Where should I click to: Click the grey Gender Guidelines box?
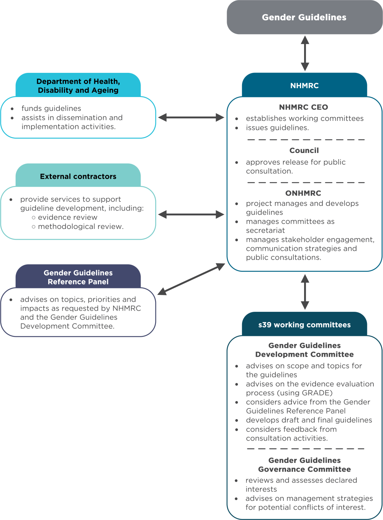pyautogui.click(x=304, y=17)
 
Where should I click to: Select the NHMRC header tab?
pyautogui.click(x=304, y=86)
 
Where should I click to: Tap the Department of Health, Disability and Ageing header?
pyautogui.click(x=78, y=86)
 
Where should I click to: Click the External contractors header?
pyautogui.click(x=78, y=176)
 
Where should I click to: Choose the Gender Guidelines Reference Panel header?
pyautogui.click(x=78, y=277)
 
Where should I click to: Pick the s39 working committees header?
pyautogui.click(x=304, y=325)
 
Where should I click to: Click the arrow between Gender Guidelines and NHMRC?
pyautogui.click(x=305, y=53)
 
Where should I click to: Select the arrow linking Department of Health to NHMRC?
pyautogui.click(x=191, y=117)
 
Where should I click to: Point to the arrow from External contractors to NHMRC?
pyautogui.click(x=191, y=214)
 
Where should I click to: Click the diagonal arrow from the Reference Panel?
pyautogui.click(x=191, y=279)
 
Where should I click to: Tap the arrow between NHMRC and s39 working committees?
pyautogui.click(x=305, y=292)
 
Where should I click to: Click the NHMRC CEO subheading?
pyautogui.click(x=303, y=107)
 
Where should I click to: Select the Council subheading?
pyautogui.click(x=304, y=150)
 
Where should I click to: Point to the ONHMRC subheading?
pyautogui.click(x=303, y=193)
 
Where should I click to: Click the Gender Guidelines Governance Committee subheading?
pyautogui.click(x=304, y=465)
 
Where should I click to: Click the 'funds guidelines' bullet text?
pyautogui.click(x=51, y=109)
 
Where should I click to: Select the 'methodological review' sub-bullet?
pyautogui.click(x=80, y=226)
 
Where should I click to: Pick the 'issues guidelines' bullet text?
pyautogui.click(x=277, y=128)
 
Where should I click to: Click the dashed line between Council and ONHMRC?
pyautogui.click(x=306, y=183)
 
